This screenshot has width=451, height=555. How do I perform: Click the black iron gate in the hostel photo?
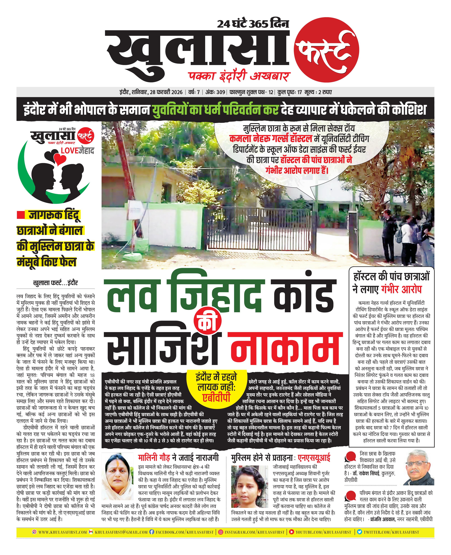tap(260, 228)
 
